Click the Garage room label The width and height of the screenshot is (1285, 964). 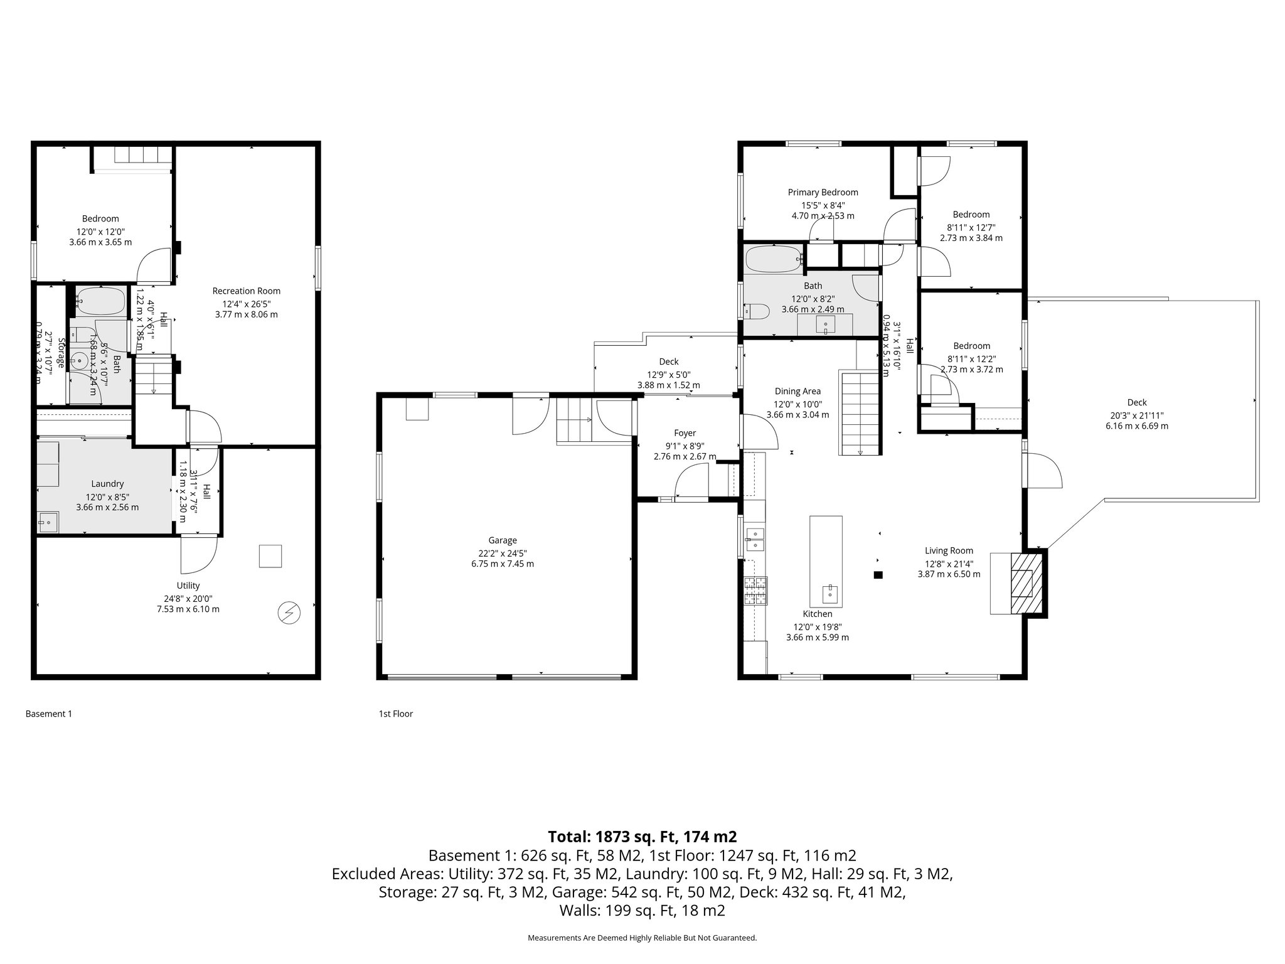tap(502, 540)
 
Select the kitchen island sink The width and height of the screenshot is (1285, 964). tap(829, 592)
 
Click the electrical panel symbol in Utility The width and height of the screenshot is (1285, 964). tap(289, 613)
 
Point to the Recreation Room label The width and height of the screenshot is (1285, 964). tap(246, 291)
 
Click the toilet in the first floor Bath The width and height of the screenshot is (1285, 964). tap(755, 311)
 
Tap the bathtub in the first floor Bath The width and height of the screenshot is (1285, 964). tap(773, 259)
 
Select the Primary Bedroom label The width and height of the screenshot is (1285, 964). tap(823, 193)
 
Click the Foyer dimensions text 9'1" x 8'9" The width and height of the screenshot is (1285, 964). tap(685, 446)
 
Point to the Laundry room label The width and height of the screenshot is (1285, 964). tap(107, 484)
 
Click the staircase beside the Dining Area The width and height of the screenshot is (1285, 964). tap(860, 412)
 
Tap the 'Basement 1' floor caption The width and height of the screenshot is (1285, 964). tap(49, 714)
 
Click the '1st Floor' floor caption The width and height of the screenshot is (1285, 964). tap(395, 714)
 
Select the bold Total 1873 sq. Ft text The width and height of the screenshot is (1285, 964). tap(642, 837)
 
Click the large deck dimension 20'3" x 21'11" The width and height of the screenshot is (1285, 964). tap(1136, 415)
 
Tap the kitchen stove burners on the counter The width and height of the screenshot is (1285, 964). tap(755, 591)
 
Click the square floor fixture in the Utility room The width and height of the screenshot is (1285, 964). tap(270, 556)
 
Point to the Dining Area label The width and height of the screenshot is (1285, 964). tap(797, 392)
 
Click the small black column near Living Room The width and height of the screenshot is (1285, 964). tap(878, 574)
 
